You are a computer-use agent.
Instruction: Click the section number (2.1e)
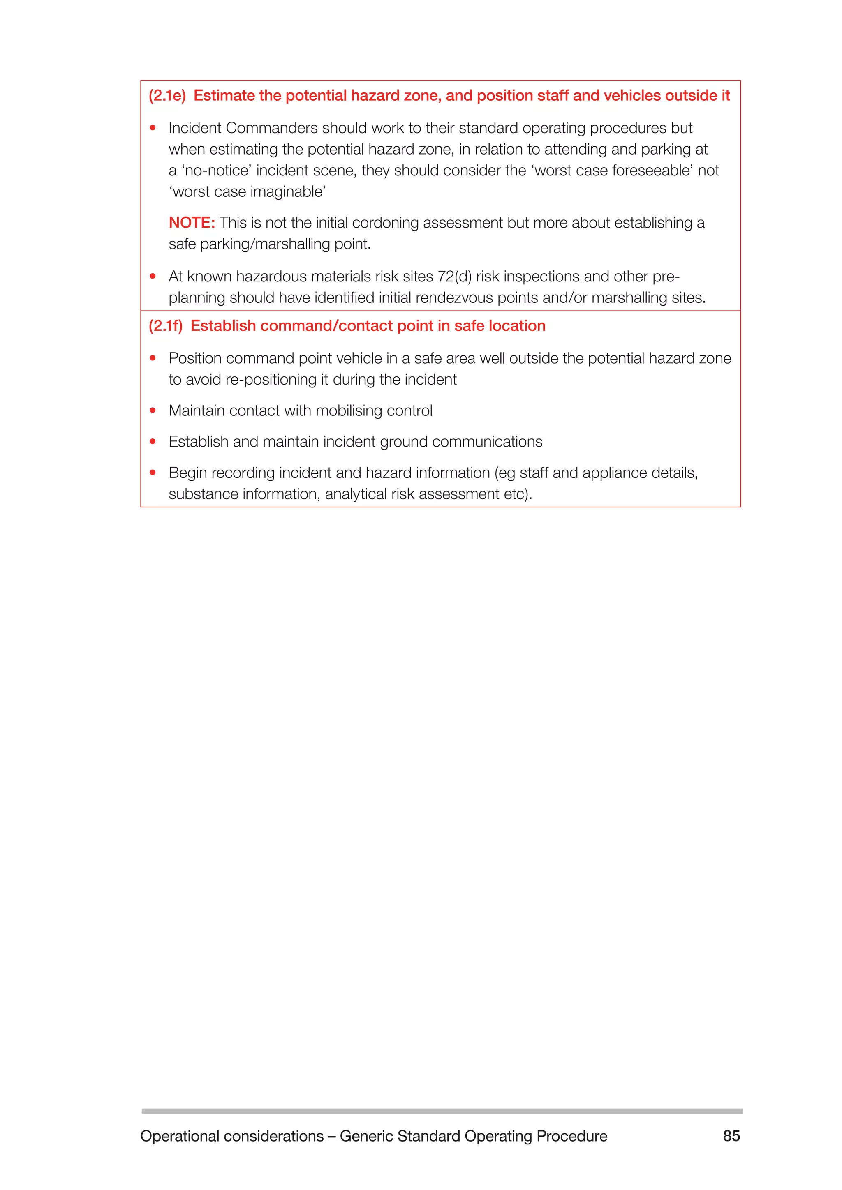pos(167,96)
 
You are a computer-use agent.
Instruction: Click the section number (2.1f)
pos(165,326)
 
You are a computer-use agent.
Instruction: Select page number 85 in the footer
pos(731,1136)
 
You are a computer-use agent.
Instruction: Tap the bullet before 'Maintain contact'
pos(153,411)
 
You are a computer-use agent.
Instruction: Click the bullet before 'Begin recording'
pos(153,473)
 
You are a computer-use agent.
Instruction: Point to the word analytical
pos(356,494)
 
